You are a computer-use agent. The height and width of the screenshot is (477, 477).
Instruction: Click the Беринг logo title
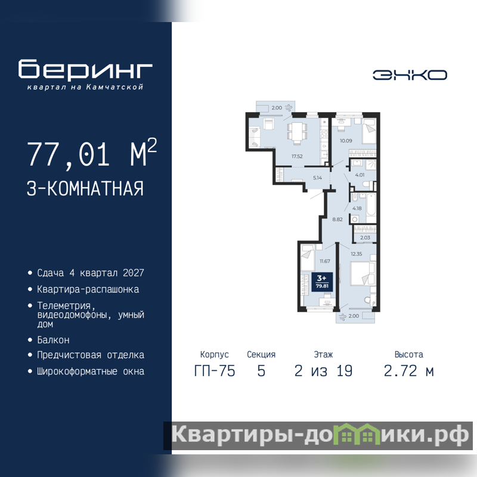pyautogui.click(x=85, y=69)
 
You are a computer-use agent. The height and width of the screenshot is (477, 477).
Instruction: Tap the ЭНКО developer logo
pyautogui.click(x=410, y=75)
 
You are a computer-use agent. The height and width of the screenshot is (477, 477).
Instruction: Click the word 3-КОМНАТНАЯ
pyautogui.click(x=85, y=188)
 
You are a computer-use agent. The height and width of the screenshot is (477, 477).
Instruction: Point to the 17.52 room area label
pyautogui.click(x=297, y=156)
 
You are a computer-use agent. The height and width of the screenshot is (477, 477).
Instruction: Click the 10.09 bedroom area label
pyautogui.click(x=346, y=141)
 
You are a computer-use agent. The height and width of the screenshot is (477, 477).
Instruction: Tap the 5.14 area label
pyautogui.click(x=317, y=178)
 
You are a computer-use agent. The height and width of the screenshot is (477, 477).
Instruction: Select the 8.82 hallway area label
pyautogui.click(x=337, y=219)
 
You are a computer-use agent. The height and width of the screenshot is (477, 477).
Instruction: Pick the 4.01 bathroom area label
pyautogui.click(x=360, y=175)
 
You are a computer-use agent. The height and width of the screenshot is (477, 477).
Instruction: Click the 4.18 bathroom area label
pyautogui.click(x=357, y=208)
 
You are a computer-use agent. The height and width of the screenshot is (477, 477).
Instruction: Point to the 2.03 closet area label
pyautogui.click(x=365, y=237)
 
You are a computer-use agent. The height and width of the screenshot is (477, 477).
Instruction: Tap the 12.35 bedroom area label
pyautogui.click(x=356, y=254)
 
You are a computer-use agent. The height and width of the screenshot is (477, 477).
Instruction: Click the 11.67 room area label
pyautogui.click(x=325, y=261)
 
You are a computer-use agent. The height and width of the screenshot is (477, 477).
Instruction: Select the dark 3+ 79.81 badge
pyautogui.click(x=322, y=281)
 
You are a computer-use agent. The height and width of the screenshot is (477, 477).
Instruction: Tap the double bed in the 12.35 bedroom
pyautogui.click(x=363, y=274)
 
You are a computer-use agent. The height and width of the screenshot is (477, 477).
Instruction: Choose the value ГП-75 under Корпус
pyautogui.click(x=215, y=371)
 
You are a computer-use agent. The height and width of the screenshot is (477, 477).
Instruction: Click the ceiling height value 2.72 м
pyautogui.click(x=409, y=371)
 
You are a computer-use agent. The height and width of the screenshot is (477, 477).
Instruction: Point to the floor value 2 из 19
pyautogui.click(x=323, y=371)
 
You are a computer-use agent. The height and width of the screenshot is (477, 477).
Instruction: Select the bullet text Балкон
pyautogui.click(x=53, y=340)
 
